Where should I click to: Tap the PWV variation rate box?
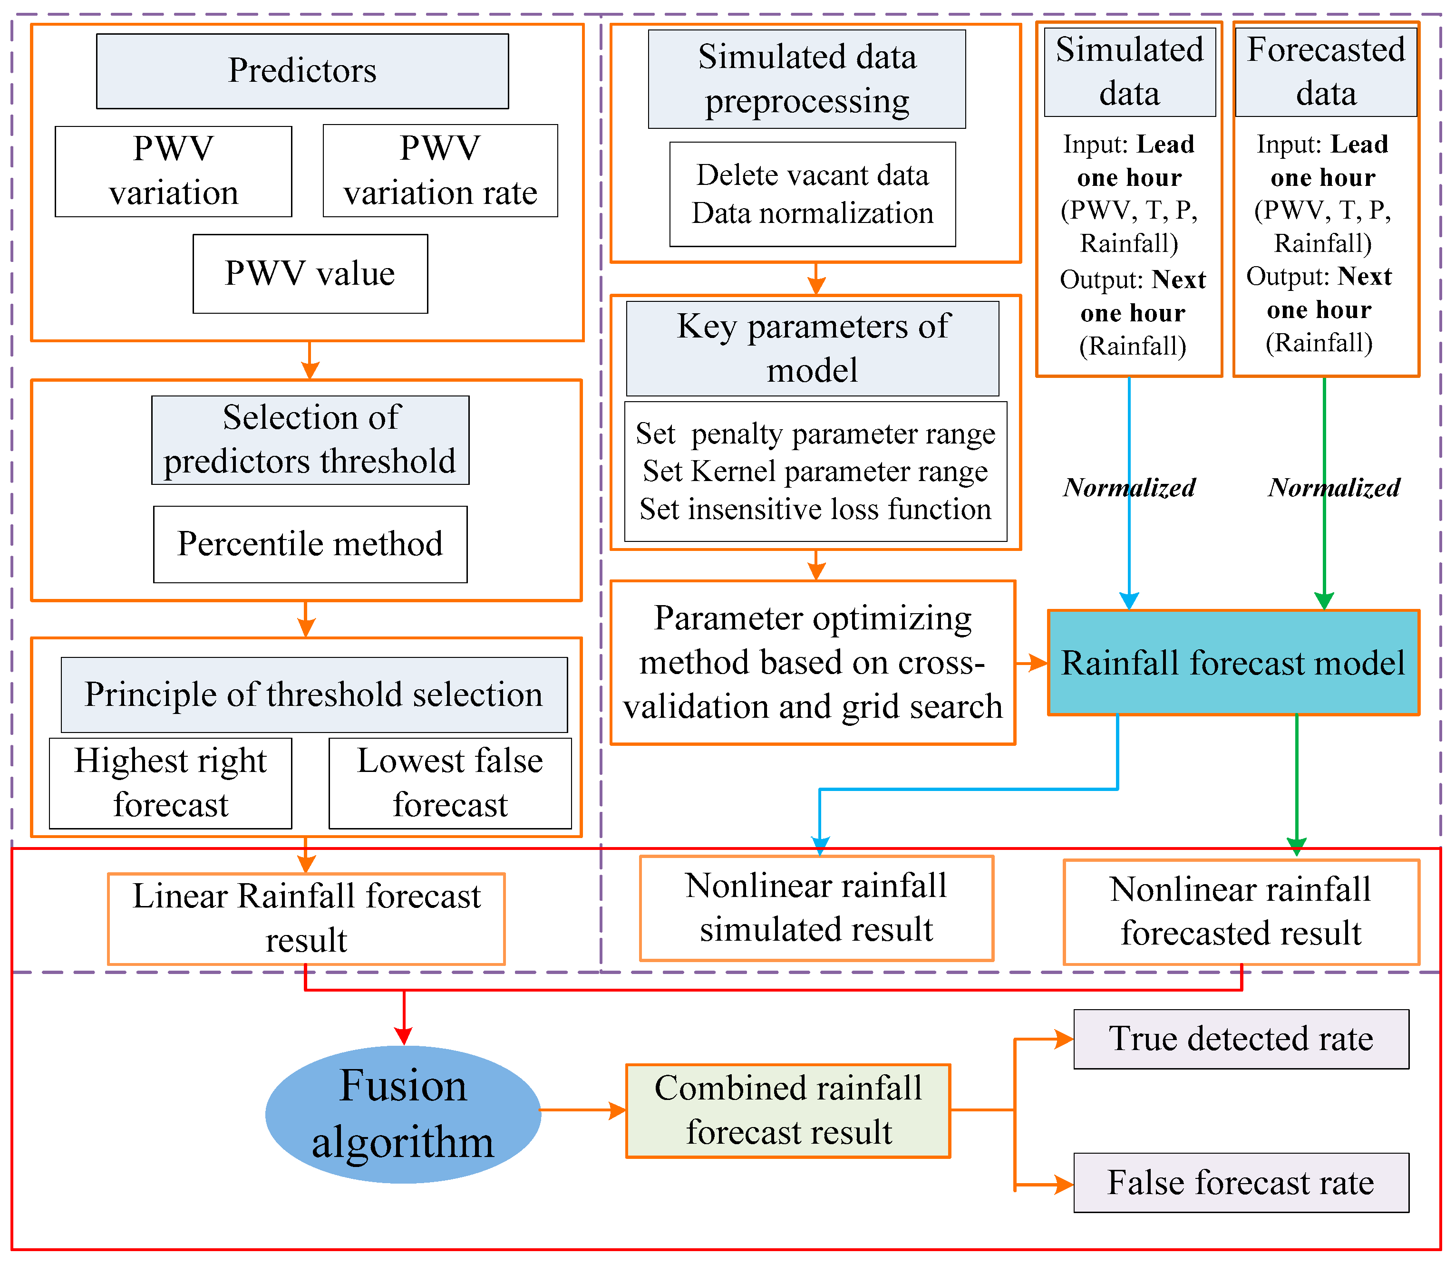[440, 171]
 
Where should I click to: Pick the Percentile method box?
[310, 544]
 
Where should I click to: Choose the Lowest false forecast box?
[450, 783]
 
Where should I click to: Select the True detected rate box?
[1240, 1039]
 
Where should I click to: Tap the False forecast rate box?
[1240, 1183]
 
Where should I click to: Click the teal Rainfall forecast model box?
[1232, 663]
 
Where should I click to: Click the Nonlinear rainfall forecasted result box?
[1240, 911]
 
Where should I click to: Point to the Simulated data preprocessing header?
[806, 79]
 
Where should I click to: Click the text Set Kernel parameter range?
[815, 472]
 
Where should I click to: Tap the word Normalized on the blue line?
[1129, 488]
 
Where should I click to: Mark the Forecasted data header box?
[1325, 72]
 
